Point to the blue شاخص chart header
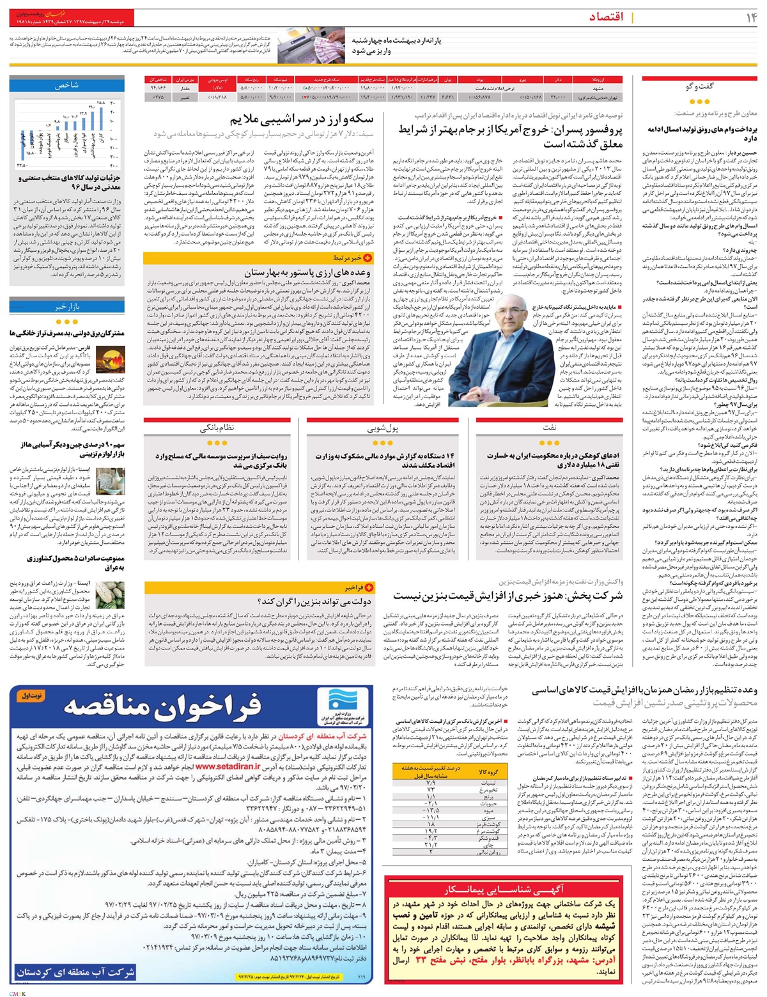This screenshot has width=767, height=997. [x=66, y=84]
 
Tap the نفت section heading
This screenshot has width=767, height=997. [x=550, y=426]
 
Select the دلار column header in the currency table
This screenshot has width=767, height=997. [x=556, y=81]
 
